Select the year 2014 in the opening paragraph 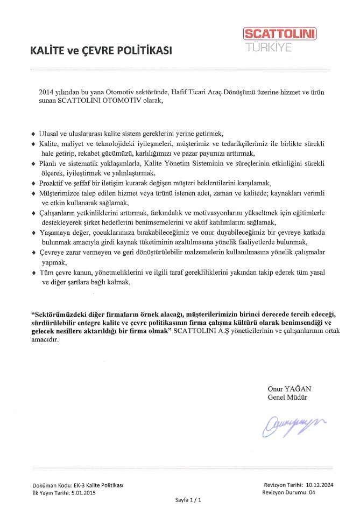point(48,92)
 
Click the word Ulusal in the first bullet point(51,133)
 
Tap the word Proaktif point(54,183)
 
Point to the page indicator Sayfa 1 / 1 point(188,500)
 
